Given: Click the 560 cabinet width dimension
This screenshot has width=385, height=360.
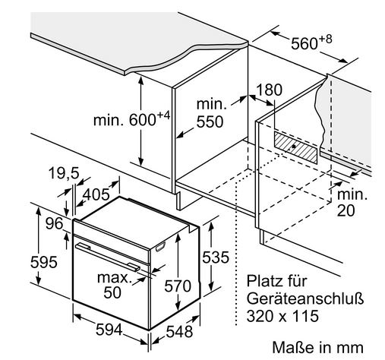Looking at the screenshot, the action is click(x=311, y=43).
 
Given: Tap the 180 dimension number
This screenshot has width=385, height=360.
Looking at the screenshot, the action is click(x=270, y=90).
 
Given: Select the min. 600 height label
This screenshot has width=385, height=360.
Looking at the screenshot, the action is click(x=131, y=119).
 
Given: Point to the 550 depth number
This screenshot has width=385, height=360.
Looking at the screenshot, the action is click(x=210, y=122).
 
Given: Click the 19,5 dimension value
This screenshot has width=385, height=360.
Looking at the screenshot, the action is click(x=64, y=173).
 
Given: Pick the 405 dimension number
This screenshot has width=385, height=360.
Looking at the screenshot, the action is click(x=96, y=194).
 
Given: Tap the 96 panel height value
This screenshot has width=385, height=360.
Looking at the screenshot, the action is click(x=55, y=223).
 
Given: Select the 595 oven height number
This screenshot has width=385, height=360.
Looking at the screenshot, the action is click(x=44, y=262).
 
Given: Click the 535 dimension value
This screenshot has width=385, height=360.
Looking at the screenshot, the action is click(x=216, y=257).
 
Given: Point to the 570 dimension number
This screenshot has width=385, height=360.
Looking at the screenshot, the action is click(x=178, y=286).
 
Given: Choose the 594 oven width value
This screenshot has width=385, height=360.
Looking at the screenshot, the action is click(x=109, y=330).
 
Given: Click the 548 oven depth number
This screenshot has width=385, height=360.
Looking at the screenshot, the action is click(x=179, y=331).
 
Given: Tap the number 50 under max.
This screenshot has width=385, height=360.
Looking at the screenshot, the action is click(x=112, y=292).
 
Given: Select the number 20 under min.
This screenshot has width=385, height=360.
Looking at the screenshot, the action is click(x=346, y=210).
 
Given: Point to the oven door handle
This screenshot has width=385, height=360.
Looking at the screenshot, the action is click(x=108, y=257).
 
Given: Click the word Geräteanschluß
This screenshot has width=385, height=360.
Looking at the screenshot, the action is click(x=305, y=298).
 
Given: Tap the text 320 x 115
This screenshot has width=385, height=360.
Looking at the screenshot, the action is click(x=282, y=316).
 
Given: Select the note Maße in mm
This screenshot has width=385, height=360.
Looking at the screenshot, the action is click(x=317, y=347).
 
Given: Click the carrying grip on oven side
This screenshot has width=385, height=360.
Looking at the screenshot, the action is click(x=160, y=246).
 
